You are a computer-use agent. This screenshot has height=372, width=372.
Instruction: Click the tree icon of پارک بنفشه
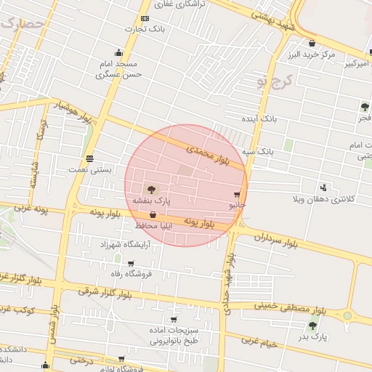pyautogui.click(x=150, y=189)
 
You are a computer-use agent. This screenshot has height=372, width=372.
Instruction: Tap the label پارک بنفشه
pyautogui.click(x=150, y=200)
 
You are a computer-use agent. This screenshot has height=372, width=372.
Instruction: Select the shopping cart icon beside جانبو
pyautogui.click(x=237, y=195)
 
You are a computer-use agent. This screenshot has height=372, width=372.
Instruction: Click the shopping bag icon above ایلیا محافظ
pyautogui.click(x=153, y=215)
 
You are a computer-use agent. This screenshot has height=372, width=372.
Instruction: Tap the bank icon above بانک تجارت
pyautogui.click(x=145, y=18)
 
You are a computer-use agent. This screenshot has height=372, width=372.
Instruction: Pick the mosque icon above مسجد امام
pyautogui.click(x=118, y=53)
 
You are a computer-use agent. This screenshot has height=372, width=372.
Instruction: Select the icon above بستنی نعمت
pyautogui.click(x=89, y=158)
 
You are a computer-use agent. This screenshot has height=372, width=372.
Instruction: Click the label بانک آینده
pyautogui.click(x=260, y=117)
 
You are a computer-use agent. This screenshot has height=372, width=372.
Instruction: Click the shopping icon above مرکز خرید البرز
pyautogui.click(x=312, y=43)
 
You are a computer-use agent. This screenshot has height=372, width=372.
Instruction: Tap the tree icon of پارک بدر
pyautogui.click(x=312, y=325)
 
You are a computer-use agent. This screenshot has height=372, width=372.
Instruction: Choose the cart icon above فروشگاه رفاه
pyautogui.click(x=131, y=264)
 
